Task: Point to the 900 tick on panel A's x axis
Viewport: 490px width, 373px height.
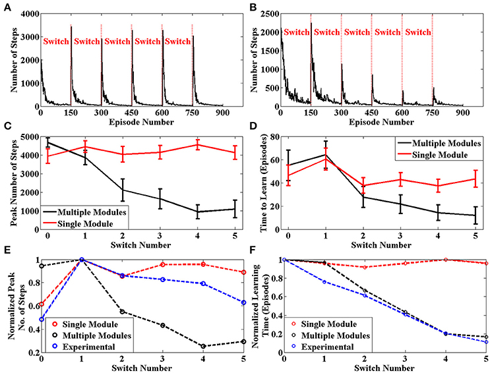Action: coord(222,113)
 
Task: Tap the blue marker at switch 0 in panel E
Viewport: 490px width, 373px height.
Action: coord(42,319)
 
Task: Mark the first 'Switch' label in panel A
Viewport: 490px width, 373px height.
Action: coord(56,42)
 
